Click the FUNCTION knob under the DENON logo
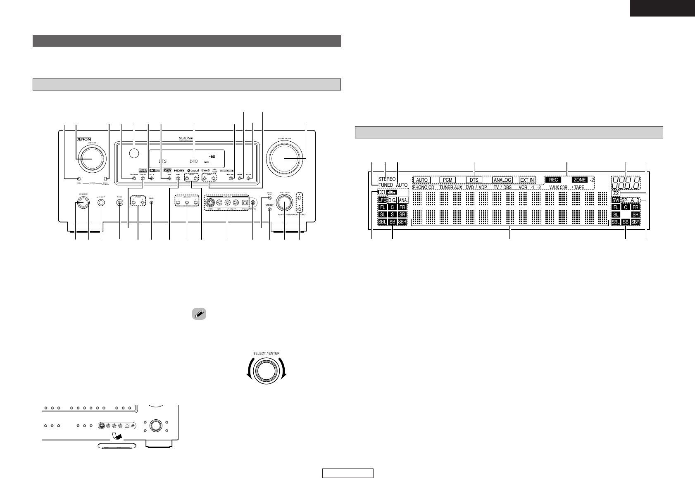pyautogui.click(x=91, y=159)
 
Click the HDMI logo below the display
pyautogui.click(x=179, y=170)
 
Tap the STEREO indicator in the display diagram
pyautogui.click(x=386, y=179)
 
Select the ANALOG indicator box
pyautogui.click(x=502, y=180)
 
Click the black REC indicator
pyautogui.click(x=553, y=180)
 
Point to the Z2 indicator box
pyautogui.click(x=616, y=193)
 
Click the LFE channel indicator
pyautogui.click(x=382, y=200)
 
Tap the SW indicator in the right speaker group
pyautogui.click(x=616, y=200)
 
